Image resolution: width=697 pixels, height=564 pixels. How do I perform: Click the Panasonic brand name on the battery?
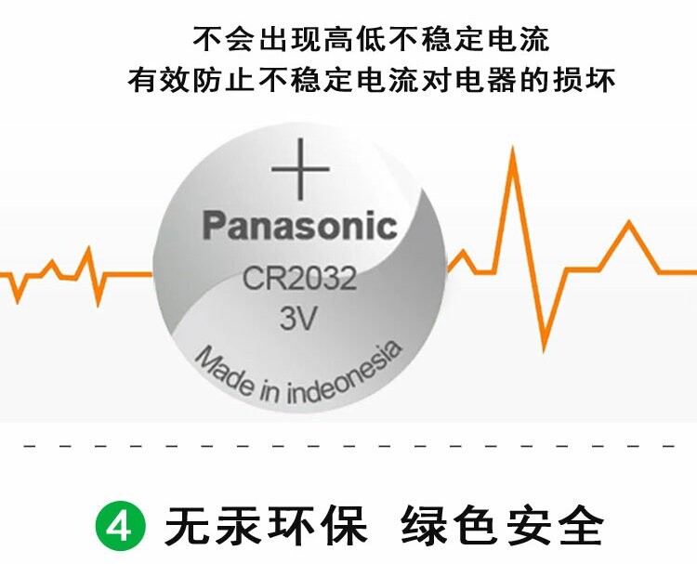click(300, 226)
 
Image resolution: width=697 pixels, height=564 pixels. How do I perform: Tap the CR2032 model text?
click(300, 279)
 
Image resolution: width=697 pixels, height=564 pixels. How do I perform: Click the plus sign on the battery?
click(300, 170)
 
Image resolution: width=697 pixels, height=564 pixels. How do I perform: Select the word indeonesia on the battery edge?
click(345, 376)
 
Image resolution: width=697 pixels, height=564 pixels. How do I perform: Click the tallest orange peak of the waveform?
click(512, 152)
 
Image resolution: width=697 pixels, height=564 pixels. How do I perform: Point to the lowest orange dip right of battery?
click(545, 348)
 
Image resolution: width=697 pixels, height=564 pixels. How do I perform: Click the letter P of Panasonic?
click(215, 226)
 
